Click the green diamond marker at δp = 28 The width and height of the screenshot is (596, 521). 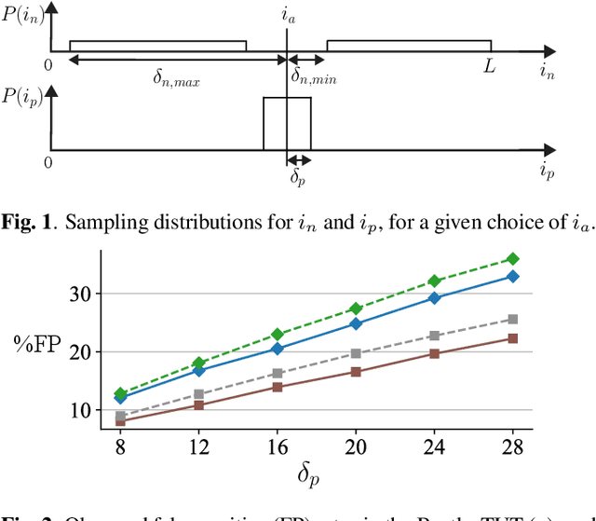point(511,259)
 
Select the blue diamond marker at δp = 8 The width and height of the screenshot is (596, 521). point(120,397)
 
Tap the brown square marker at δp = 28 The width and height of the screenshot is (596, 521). point(511,338)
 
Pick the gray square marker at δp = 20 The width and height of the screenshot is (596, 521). point(355,353)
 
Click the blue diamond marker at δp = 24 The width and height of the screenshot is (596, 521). point(433,298)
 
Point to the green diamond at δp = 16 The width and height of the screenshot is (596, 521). point(277,334)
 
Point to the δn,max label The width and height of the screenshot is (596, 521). point(176,79)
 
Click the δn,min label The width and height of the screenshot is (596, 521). point(314,79)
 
